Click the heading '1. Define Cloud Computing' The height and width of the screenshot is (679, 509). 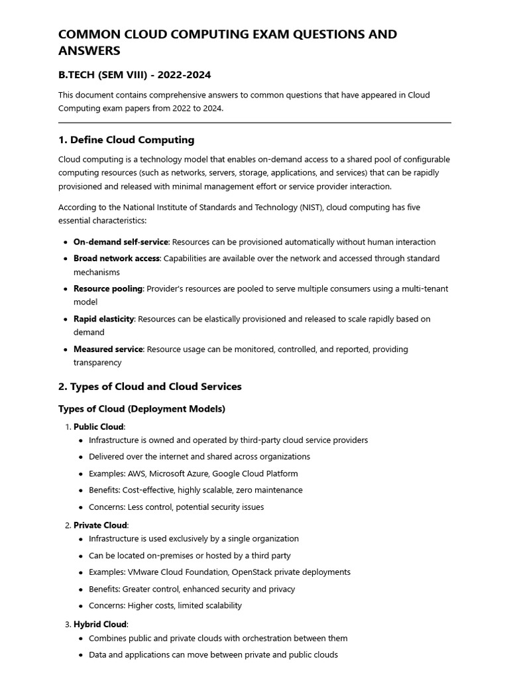point(126,140)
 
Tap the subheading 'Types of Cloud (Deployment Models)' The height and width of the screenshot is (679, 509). point(142,409)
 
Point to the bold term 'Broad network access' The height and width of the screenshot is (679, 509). point(117,259)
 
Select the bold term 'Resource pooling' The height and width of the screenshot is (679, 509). point(108,289)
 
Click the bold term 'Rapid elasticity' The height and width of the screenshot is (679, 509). point(104,319)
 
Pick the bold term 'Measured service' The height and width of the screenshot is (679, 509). point(108,349)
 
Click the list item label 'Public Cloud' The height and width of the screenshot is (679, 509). point(99,427)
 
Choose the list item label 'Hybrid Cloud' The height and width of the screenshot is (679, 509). point(100,625)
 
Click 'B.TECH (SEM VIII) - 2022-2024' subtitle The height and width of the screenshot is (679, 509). point(135,75)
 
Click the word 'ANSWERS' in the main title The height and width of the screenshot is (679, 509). point(89,51)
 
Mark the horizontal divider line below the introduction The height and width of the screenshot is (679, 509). point(254,123)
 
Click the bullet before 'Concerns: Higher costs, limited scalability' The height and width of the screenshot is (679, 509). point(81,606)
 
